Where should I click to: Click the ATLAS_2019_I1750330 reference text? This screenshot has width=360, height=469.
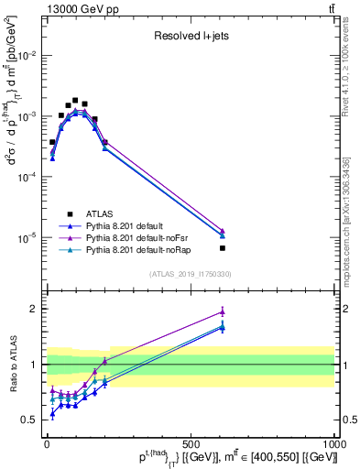point(190,273)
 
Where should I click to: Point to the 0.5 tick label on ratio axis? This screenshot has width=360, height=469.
point(30,420)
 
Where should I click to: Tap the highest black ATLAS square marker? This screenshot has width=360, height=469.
point(75,101)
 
